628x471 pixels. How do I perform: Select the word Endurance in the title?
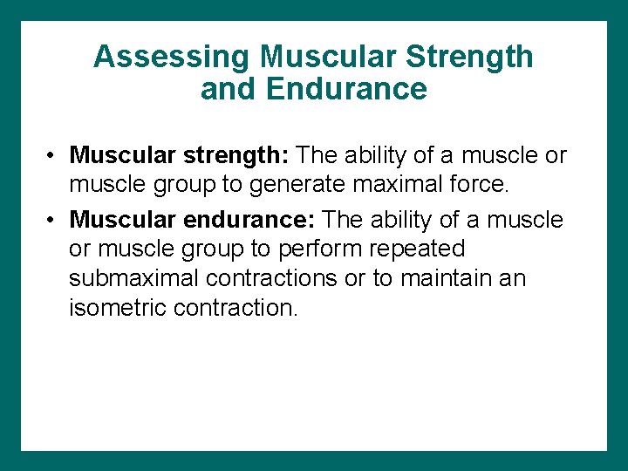coord(347,89)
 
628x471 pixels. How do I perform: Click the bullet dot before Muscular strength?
coord(53,156)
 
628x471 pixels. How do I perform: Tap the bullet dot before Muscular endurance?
coord(53,219)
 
